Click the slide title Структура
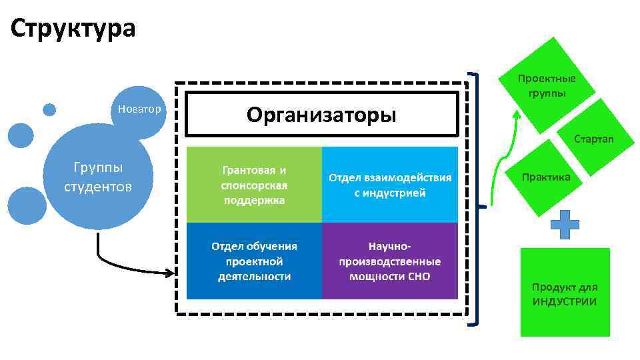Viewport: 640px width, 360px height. tap(73, 28)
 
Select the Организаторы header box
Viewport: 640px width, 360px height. tap(321, 115)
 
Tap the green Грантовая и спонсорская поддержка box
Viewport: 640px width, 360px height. tap(253, 185)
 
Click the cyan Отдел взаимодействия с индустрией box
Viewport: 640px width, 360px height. tap(389, 185)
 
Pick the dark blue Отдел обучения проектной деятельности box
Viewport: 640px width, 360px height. tap(253, 261)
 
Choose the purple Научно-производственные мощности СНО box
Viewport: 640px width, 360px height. tap(389, 261)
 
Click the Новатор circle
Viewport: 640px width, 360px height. tap(139, 110)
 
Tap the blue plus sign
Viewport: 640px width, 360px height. tap(564, 225)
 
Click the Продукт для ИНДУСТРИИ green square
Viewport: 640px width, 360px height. tap(565, 292)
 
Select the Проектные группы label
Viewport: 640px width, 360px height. tap(547, 85)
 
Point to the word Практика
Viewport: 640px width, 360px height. tap(546, 177)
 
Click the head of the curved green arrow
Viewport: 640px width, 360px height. tap(516, 115)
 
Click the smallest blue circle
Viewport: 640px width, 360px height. tap(49, 109)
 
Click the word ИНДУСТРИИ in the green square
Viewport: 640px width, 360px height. tap(564, 302)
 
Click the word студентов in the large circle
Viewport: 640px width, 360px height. tap(98, 185)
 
